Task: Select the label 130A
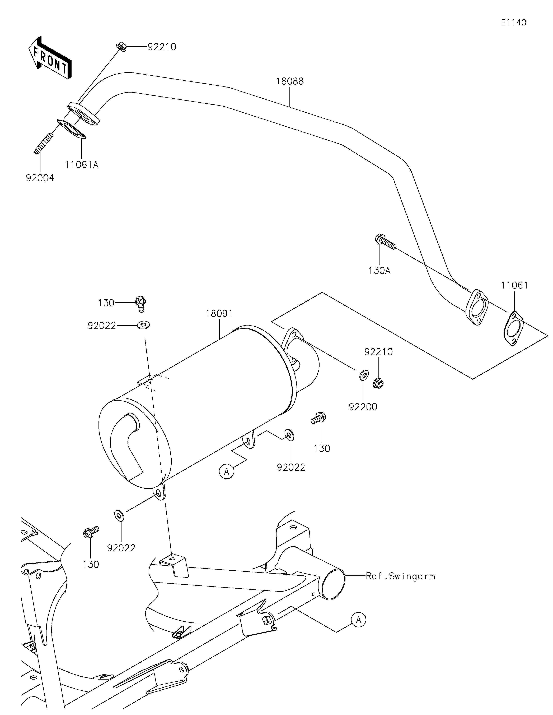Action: point(379,271)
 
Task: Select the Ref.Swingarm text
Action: point(401,576)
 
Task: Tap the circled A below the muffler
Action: point(227,472)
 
